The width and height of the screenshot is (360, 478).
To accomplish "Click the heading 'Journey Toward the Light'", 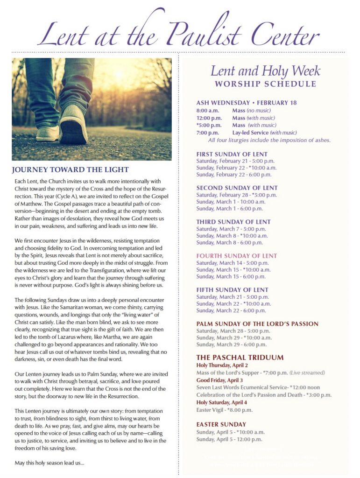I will pos(70,169).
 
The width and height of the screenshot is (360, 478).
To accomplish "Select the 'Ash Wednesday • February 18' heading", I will pos(247,103).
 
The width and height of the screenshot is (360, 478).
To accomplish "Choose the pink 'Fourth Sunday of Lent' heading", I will pos(236,256).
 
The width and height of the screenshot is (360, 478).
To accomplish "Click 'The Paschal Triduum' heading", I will pos(233,358).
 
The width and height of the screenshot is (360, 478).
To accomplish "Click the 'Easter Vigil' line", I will pos(224,410).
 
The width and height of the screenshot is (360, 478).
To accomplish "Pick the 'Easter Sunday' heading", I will pos(221,424).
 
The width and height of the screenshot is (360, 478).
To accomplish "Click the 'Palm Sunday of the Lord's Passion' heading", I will pos(257,323).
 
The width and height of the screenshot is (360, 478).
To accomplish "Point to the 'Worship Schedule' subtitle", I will pos(265,84).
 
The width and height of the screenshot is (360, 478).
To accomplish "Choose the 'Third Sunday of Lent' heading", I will pos(233,222).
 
